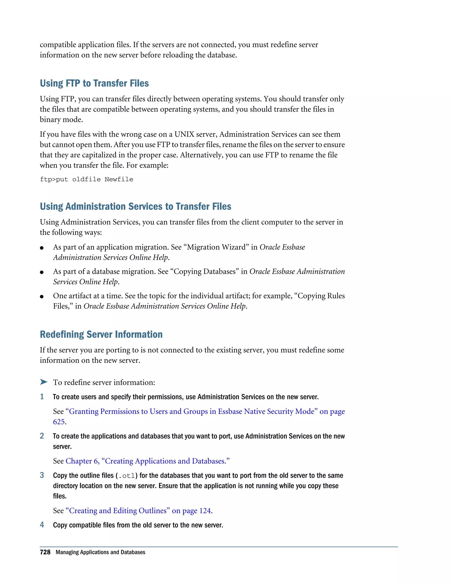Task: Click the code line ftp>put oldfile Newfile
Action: (86, 179)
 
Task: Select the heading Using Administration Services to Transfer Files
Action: (135, 206)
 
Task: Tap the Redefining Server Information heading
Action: (101, 334)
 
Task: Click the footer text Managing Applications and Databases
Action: (100, 552)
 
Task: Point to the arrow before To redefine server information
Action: (44, 382)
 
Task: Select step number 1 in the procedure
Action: (42, 396)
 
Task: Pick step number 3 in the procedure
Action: (42, 475)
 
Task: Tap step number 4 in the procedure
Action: (42, 525)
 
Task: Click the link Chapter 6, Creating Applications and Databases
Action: (148, 461)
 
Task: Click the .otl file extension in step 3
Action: (126, 476)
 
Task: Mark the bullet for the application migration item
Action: (42, 248)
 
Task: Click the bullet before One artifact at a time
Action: (42, 297)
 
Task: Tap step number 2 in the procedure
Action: (42, 436)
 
